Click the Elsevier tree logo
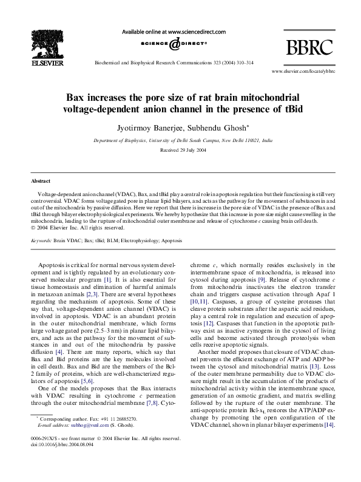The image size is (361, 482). [x=38, y=42]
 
